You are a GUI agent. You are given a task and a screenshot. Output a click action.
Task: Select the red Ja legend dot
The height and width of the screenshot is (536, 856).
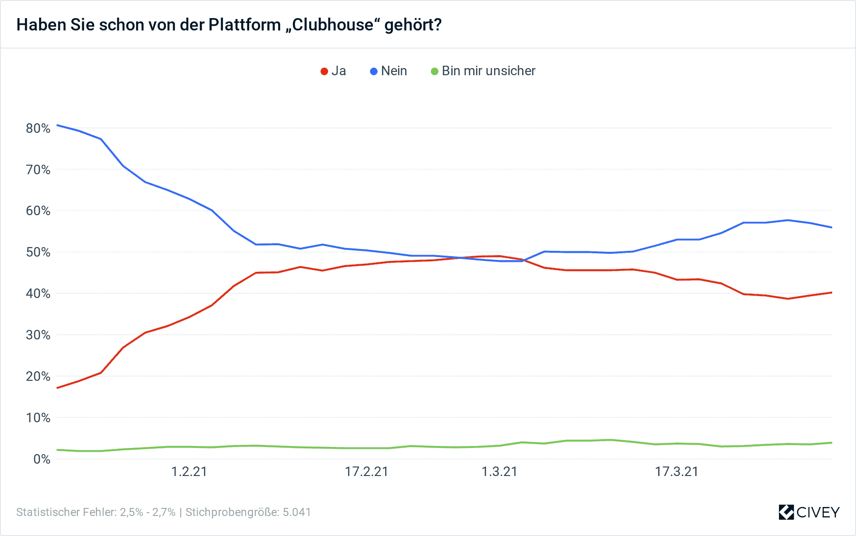[x=324, y=71]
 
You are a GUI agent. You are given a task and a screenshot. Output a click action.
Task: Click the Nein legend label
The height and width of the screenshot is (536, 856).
[x=394, y=71]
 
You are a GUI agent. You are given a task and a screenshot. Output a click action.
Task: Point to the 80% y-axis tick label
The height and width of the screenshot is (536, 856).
[x=38, y=128]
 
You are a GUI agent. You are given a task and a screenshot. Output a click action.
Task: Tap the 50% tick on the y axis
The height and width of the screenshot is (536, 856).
[x=38, y=252]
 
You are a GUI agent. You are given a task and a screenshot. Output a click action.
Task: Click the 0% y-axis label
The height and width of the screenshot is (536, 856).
[x=42, y=459]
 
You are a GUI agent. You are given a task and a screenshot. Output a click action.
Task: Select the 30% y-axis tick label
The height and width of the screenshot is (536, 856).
[x=38, y=335]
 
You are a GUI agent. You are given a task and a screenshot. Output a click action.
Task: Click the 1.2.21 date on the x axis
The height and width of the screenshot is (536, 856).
[x=189, y=472]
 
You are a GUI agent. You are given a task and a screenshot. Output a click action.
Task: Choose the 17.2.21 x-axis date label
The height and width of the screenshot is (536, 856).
[x=366, y=472]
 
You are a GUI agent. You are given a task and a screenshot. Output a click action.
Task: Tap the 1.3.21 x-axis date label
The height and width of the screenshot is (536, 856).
[x=499, y=472]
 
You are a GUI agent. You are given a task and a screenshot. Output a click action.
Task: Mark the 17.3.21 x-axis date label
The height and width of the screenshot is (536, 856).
[x=676, y=472]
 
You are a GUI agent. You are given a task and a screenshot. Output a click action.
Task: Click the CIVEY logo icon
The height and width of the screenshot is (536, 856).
[x=786, y=512]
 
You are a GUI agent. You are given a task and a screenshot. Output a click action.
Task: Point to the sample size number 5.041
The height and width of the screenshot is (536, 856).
[x=297, y=512]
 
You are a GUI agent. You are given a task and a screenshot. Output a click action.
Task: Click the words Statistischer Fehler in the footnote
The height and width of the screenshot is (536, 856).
[x=66, y=512]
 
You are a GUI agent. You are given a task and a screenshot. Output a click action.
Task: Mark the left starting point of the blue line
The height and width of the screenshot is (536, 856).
[x=57, y=125]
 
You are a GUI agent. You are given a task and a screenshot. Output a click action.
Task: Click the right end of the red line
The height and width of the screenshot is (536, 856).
[x=832, y=292]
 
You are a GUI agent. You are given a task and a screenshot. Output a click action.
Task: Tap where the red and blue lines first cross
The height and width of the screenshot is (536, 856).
[x=460, y=258]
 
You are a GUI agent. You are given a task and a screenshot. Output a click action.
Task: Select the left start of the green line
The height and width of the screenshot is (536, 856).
[x=57, y=450]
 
